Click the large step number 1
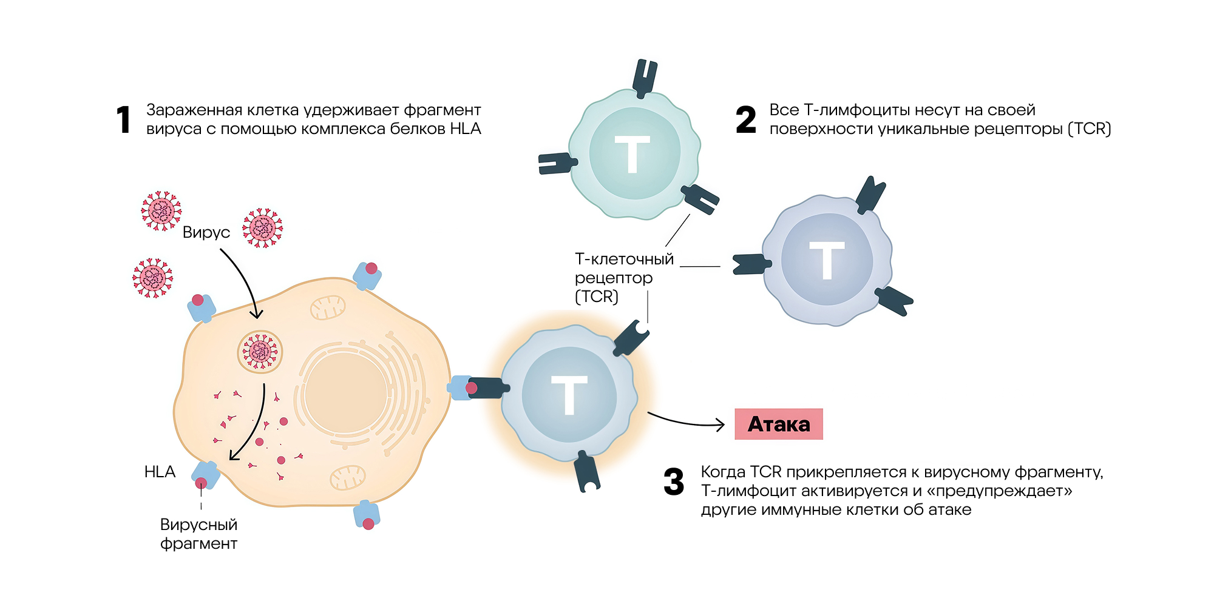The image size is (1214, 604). coord(123,119)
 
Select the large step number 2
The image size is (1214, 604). coord(745,119)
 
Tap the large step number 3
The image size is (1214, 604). coord(674,482)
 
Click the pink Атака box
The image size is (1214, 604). coord(778,424)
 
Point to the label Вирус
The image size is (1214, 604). coord(206,232)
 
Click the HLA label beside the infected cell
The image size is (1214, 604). coord(160,472)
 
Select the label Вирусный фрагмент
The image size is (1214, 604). coord(198,534)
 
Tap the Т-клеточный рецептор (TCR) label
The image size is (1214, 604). coord(623,277)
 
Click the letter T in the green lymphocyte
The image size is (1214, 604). coord(632,154)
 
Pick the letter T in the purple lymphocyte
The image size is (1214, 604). coord(826,260)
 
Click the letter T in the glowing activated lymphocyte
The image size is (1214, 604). coord(569,395)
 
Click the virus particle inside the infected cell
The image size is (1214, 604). coord(260,351)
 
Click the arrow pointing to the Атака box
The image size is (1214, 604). coord(686,421)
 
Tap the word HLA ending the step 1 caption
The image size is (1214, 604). coord(465,129)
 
